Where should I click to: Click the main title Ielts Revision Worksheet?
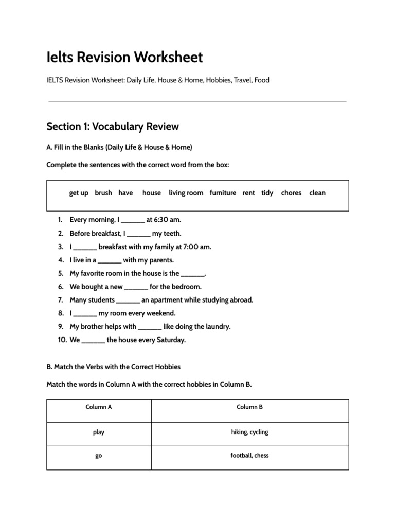124,57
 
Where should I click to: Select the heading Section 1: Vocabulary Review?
112,126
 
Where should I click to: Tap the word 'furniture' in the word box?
223,193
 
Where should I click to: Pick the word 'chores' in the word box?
291,193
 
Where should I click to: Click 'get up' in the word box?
79,193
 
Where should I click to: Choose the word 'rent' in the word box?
248,193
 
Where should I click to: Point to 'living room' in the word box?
186,193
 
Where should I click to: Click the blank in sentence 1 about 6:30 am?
133,220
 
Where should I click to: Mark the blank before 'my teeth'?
138,234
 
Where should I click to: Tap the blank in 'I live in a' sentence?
110,260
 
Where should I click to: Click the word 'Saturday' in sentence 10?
170,340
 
